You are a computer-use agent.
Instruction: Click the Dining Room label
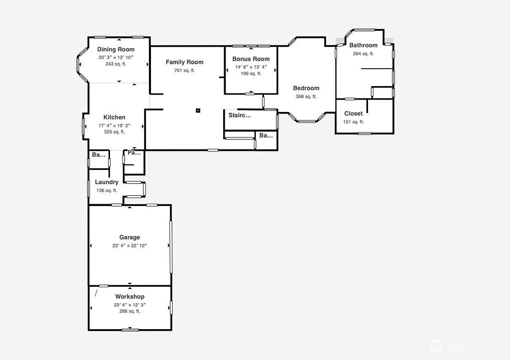116,49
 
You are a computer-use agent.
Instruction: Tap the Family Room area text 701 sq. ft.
184,71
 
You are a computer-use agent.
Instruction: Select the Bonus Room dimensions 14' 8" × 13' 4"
251,67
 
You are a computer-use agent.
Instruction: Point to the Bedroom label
306,88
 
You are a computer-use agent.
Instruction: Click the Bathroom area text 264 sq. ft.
363,54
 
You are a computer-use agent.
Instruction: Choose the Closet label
353,114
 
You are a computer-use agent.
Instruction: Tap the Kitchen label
115,118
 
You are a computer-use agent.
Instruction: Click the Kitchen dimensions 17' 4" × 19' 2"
115,125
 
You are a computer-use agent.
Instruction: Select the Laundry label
107,182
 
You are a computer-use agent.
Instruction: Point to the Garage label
129,238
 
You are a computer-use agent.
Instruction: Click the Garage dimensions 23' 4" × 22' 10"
129,245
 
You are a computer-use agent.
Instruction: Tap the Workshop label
129,297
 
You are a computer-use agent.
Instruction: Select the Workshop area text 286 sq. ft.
129,311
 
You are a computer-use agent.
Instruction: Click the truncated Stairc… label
240,116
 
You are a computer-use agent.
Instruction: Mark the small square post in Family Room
198,111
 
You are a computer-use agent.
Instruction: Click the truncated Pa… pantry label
134,153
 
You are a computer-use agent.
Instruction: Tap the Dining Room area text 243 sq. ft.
116,64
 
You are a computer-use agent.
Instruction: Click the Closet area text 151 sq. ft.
353,122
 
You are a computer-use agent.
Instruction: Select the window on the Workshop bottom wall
130,330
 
